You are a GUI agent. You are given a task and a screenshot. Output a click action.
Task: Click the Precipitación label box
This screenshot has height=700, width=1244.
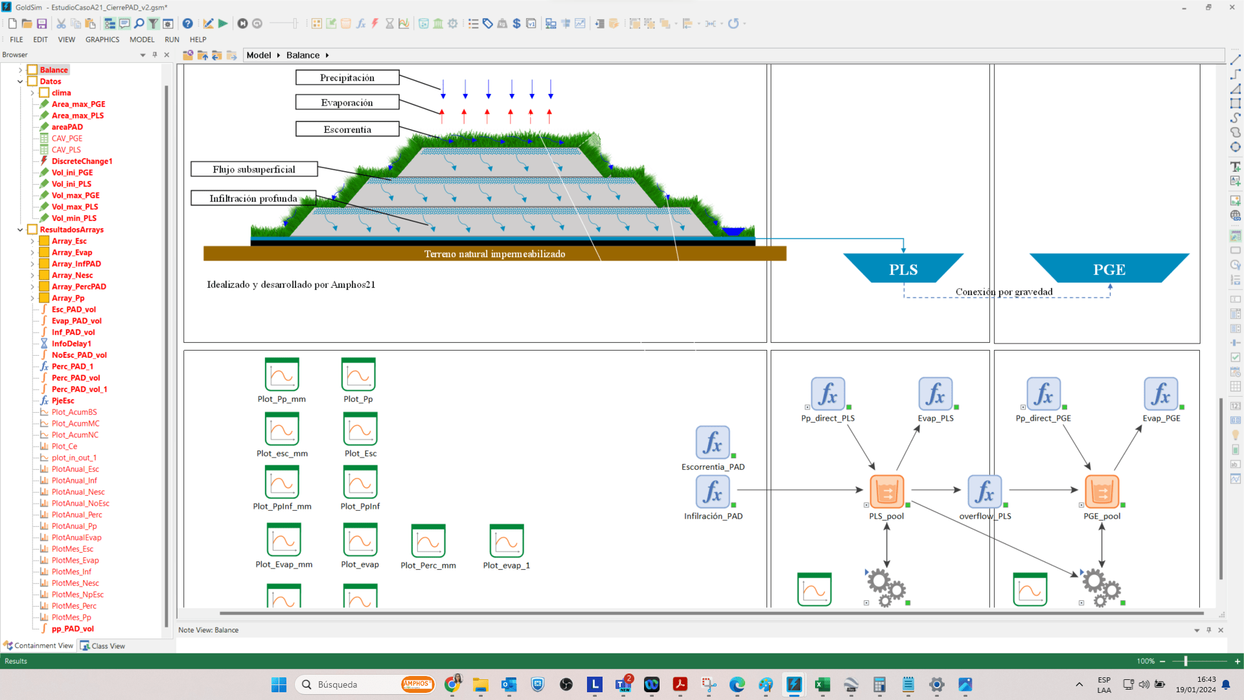point(347,78)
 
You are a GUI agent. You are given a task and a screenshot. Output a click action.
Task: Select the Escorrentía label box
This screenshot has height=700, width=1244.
point(347,130)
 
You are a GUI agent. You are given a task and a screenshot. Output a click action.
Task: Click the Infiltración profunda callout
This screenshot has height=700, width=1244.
point(253,198)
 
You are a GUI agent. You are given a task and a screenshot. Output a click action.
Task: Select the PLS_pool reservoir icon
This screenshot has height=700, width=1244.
point(886,491)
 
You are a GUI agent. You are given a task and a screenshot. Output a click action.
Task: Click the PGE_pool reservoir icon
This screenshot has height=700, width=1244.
point(1101,491)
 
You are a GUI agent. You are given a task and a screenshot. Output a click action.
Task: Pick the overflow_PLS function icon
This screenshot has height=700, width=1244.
point(984,491)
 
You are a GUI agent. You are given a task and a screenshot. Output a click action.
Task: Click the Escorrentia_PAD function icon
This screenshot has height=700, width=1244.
point(713,443)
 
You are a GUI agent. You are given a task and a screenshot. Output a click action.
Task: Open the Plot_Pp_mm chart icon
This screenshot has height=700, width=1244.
point(282,375)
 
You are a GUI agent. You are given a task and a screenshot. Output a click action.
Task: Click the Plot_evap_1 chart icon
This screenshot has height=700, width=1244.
point(507,541)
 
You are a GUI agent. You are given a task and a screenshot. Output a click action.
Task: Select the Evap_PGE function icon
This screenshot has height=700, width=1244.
point(1160,394)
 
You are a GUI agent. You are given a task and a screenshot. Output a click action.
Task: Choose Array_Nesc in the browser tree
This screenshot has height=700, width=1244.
point(72,275)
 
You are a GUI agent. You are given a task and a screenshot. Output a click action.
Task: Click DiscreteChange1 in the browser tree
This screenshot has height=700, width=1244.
point(82,161)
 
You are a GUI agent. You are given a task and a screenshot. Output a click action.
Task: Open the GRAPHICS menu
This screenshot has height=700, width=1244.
point(102,40)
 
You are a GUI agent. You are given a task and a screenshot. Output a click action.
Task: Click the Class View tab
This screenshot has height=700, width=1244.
point(108,646)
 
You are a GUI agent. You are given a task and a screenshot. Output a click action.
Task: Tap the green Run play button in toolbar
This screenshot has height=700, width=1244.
point(223,24)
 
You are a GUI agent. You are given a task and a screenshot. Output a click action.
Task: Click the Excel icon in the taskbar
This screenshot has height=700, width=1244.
point(822,684)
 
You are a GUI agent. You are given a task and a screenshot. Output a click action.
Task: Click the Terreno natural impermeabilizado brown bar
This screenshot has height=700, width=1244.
point(494,254)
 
